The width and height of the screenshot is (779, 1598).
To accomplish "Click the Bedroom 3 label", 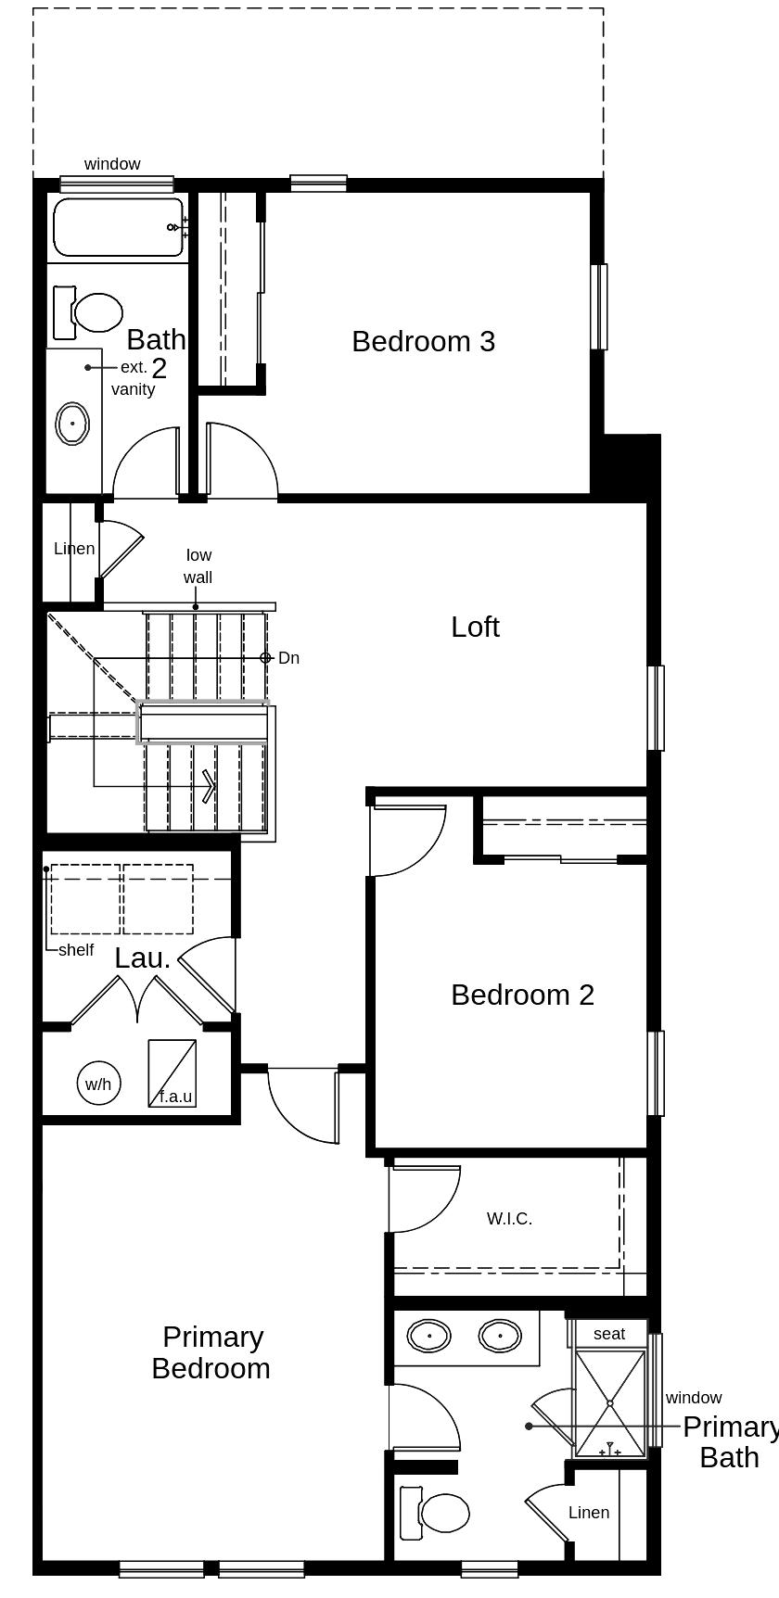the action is tap(423, 341).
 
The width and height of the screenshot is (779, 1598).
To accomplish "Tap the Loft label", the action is tap(475, 627).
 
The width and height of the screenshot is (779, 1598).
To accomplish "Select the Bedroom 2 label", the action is tap(522, 995).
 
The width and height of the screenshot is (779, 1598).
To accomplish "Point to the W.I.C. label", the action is tap(509, 1219).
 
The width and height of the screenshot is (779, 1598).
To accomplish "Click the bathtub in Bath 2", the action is tap(119, 227).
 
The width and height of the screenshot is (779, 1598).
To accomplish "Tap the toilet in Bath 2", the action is tap(88, 312).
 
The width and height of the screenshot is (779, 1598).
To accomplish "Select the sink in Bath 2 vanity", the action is tap(72, 424).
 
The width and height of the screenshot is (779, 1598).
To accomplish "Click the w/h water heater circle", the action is tap(98, 1084).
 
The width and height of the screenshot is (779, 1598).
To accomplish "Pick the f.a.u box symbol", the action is tap(172, 1073).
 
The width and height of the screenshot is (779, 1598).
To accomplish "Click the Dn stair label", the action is tap(288, 658).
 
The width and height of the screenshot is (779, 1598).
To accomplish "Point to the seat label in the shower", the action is tap(609, 1334).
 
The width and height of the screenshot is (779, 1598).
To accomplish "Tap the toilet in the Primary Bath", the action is tap(434, 1512).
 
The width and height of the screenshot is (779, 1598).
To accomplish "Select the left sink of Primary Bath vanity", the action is tap(429, 1336).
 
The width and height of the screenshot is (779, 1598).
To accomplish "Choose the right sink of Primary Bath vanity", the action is tap(501, 1336).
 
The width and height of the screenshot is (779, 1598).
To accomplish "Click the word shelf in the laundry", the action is tap(76, 950).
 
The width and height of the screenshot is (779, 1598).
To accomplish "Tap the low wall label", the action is tap(198, 566).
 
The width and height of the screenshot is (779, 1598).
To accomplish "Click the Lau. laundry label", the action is tap(143, 958).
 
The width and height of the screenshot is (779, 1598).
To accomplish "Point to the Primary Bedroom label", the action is tap(211, 1352).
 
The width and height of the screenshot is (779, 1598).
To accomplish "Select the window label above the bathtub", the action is tap(112, 164).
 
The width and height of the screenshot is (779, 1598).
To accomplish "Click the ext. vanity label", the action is tap(134, 378).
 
